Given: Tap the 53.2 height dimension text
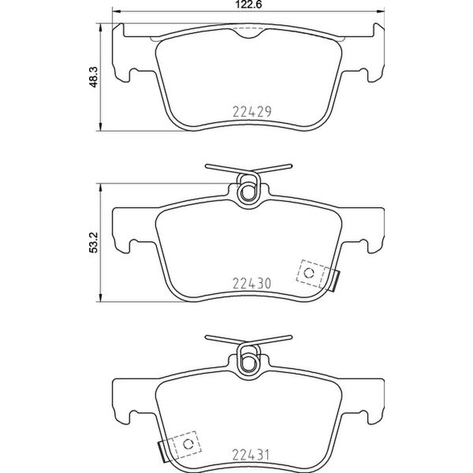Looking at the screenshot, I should (92, 242).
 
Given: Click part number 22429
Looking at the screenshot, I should (251, 111).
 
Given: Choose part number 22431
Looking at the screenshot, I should (251, 454).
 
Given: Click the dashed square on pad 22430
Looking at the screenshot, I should (308, 272).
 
